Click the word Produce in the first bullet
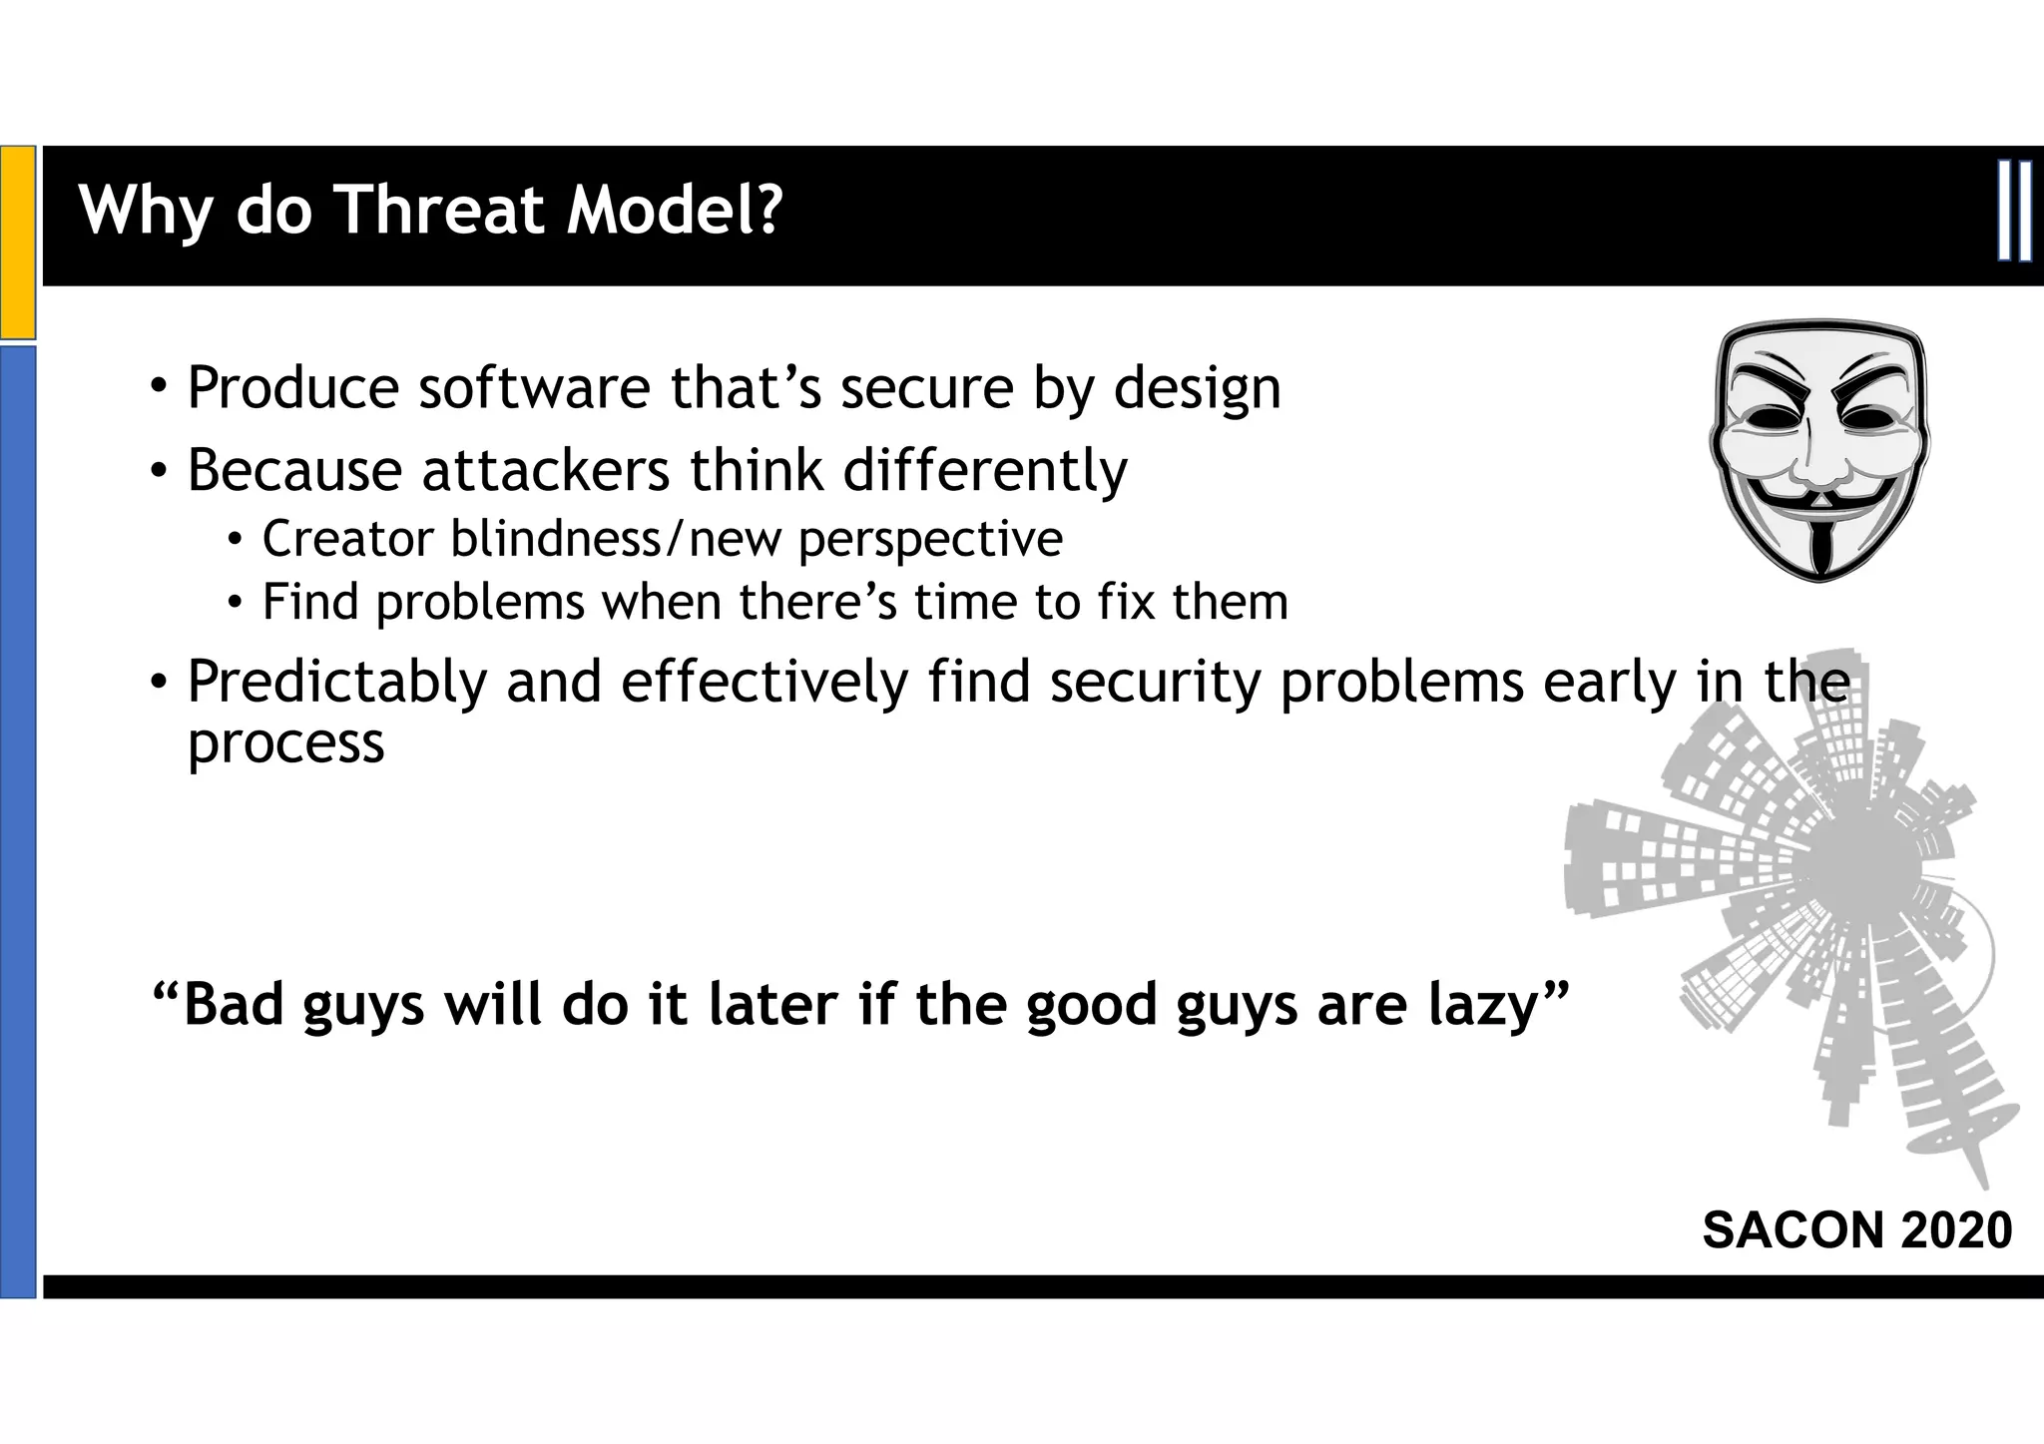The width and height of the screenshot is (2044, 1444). coord(292,388)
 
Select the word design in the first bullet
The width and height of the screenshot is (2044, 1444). coord(1197,390)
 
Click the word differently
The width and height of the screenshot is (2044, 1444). coord(985,471)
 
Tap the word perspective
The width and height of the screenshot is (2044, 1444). coord(930,541)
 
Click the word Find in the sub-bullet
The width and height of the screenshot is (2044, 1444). coord(309,602)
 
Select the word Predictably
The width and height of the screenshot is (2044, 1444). coord(336,684)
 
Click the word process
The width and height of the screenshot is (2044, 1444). coord(285,743)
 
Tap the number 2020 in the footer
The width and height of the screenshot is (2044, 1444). coord(1956,1229)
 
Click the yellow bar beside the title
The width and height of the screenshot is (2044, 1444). coord(18,242)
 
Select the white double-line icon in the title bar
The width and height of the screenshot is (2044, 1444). coord(2014,212)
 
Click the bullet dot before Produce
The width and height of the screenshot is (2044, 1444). coord(158,386)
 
